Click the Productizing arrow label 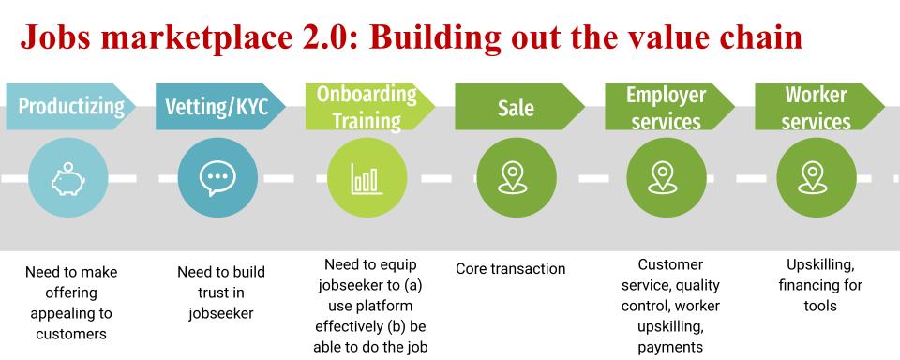pyautogui.click(x=70, y=107)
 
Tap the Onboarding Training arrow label pyautogui.click(x=366, y=107)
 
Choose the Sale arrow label pyautogui.click(x=516, y=109)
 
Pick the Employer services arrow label pyautogui.click(x=666, y=107)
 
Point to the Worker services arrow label pyautogui.click(x=816, y=107)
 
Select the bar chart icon pyautogui.click(x=367, y=178)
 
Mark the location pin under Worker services pyautogui.click(x=816, y=178)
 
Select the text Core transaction pyautogui.click(x=511, y=269)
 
